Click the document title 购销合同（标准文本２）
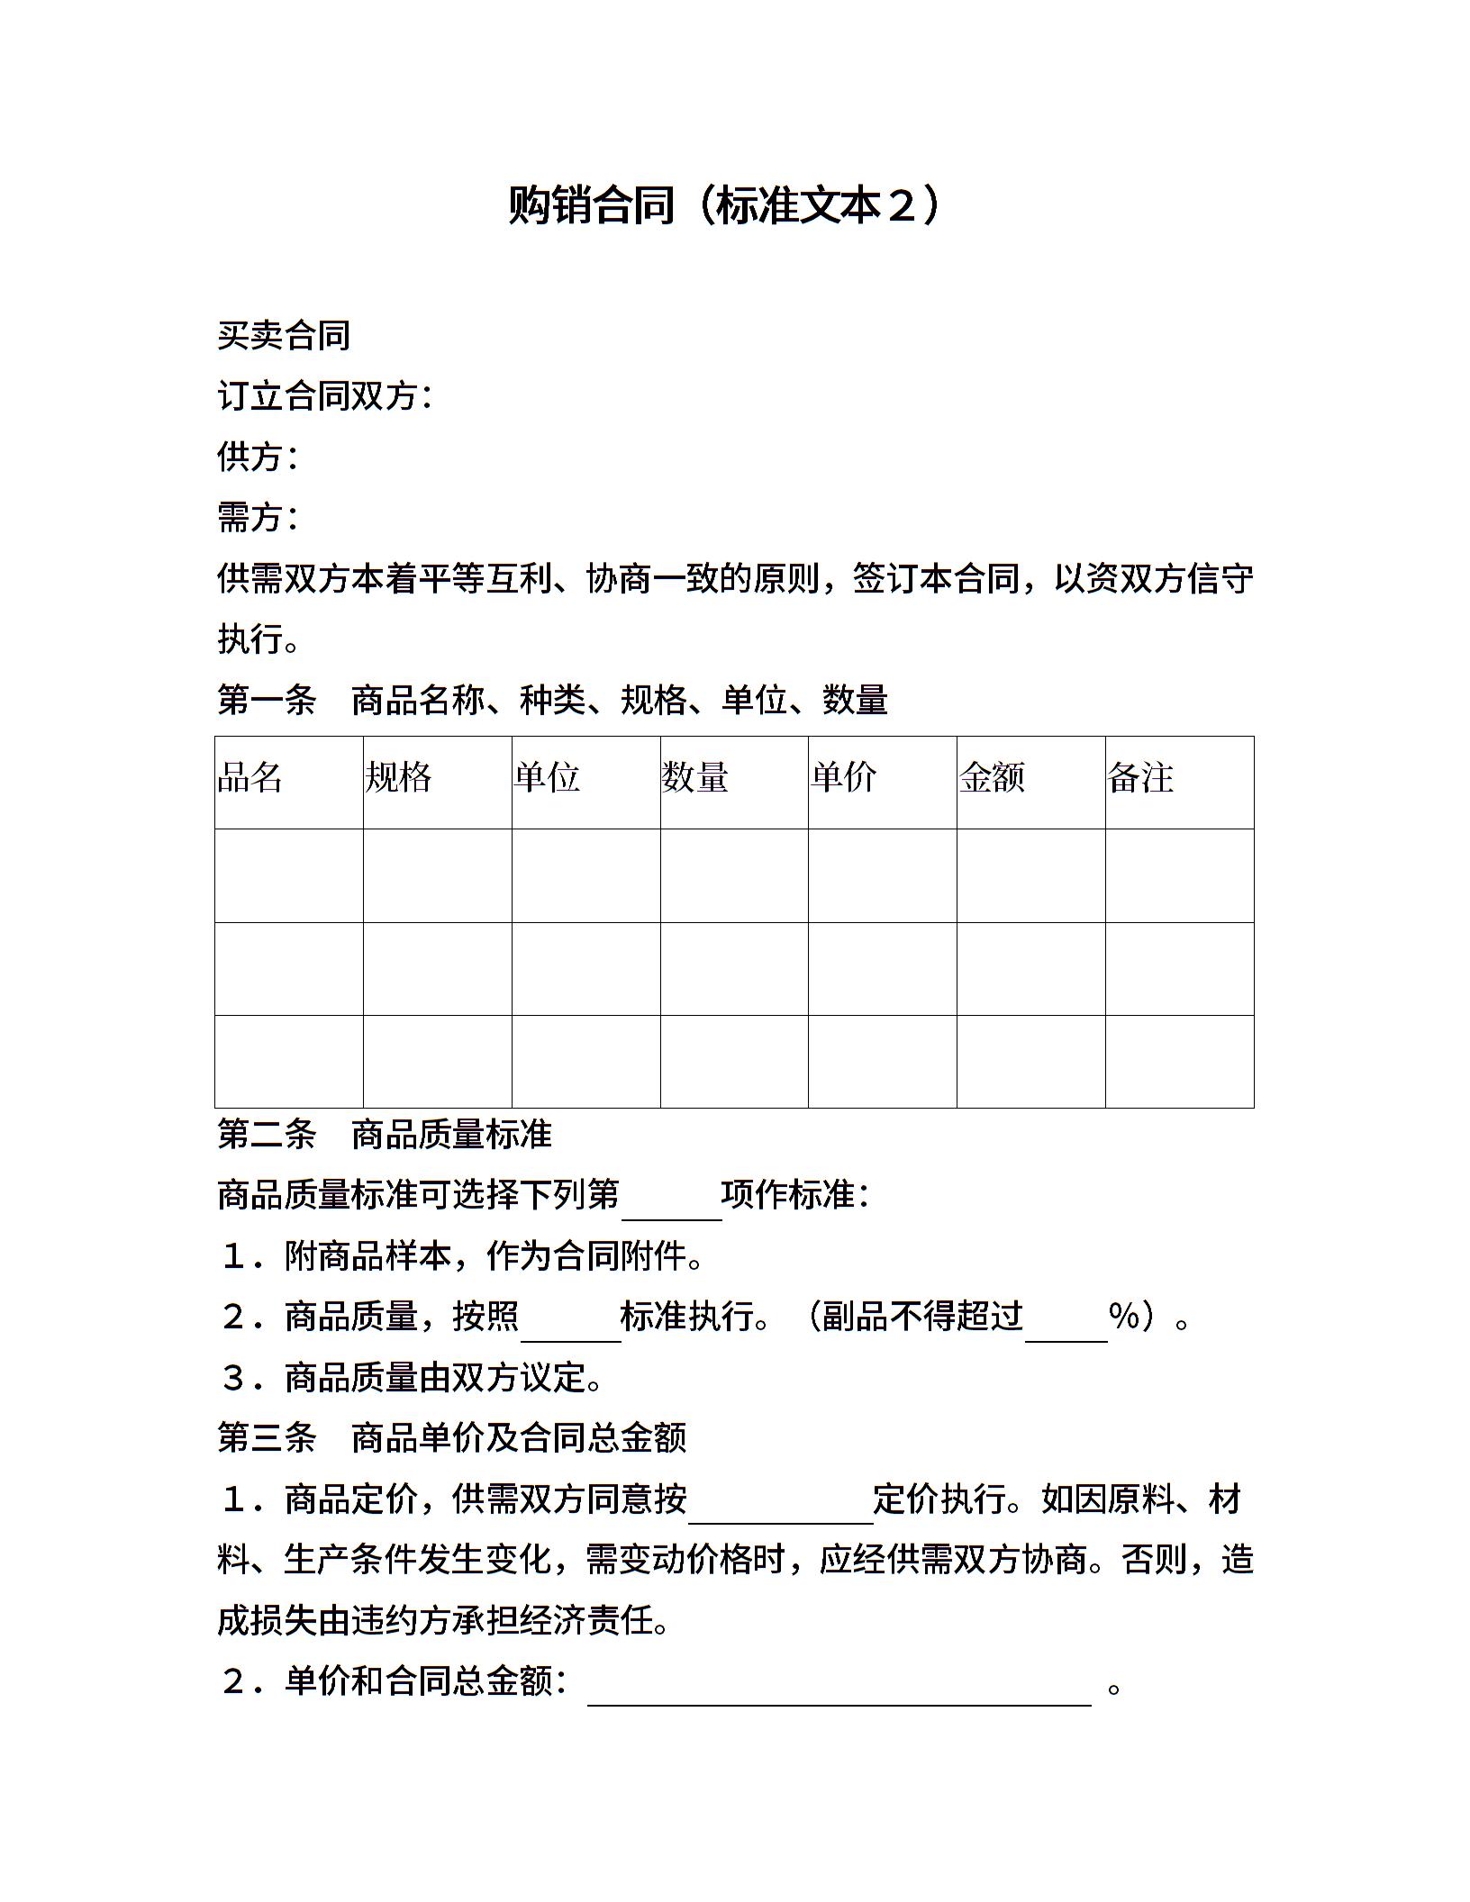(726, 205)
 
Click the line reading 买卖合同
(284, 336)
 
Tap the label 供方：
(259, 457)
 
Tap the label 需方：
(259, 517)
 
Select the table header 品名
(250, 777)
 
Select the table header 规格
(398, 777)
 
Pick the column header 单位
(547, 777)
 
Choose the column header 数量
(694, 777)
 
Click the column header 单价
(843, 777)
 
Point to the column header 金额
(992, 777)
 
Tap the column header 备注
(1140, 777)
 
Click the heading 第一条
(267, 700)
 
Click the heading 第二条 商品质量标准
(385, 1135)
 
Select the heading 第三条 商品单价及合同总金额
(452, 1437)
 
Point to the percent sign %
(1125, 1317)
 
